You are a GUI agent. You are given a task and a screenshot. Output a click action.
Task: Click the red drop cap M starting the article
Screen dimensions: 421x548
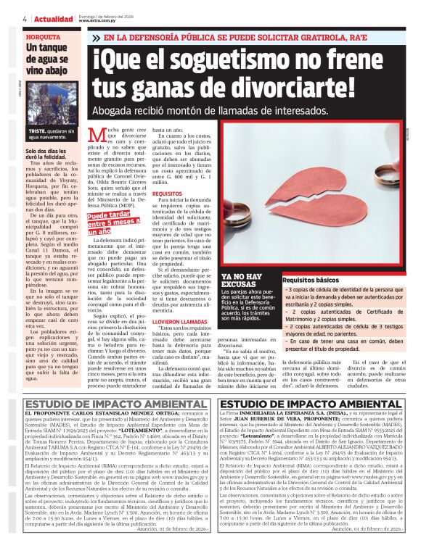(96, 136)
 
